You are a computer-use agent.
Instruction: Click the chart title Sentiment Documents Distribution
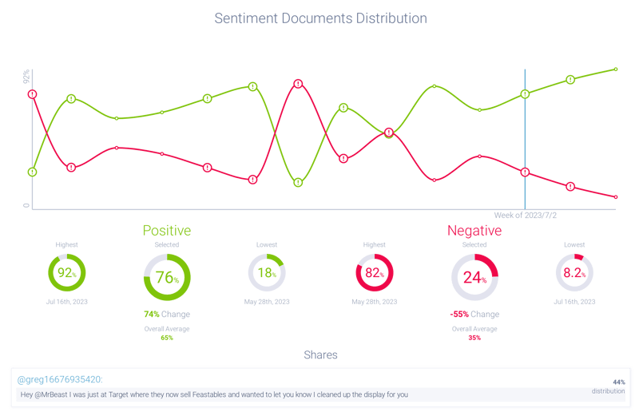(320, 18)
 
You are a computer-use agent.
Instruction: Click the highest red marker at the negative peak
(298, 83)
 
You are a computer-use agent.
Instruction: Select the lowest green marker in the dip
(298, 182)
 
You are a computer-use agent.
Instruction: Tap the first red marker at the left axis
(33, 94)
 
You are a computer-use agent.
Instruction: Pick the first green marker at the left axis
(33, 172)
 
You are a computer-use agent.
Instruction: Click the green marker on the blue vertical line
(525, 94)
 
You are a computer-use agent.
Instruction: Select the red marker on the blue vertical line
(525, 172)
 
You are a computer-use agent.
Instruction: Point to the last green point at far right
(616, 69)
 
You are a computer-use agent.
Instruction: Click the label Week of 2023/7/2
(525, 216)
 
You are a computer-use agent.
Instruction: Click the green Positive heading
(166, 231)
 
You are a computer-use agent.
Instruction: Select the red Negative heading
(474, 231)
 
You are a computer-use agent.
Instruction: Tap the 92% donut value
(66, 273)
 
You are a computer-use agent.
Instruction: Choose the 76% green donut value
(166, 278)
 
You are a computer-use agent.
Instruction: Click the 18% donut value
(267, 273)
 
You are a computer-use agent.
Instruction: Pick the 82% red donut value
(374, 273)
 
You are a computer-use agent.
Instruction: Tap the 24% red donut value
(474, 278)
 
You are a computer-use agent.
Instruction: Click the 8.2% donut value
(574, 273)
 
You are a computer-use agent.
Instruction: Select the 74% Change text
(166, 315)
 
